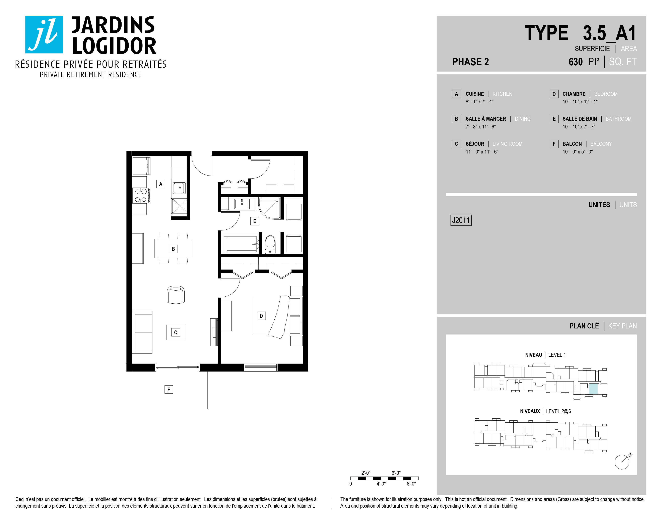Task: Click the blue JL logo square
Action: click(44, 34)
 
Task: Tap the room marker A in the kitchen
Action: click(161, 184)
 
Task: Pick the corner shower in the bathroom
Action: click(269, 208)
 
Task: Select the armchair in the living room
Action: click(176, 295)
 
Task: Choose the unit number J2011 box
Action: click(461, 220)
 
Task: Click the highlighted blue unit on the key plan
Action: click(593, 389)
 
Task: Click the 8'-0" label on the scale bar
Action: click(411, 484)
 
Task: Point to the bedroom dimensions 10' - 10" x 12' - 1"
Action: click(580, 102)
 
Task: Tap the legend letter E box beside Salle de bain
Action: click(554, 119)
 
